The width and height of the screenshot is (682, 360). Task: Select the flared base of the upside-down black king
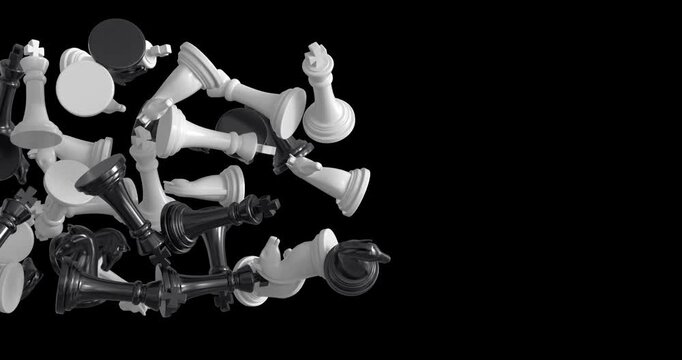click(105, 178)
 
